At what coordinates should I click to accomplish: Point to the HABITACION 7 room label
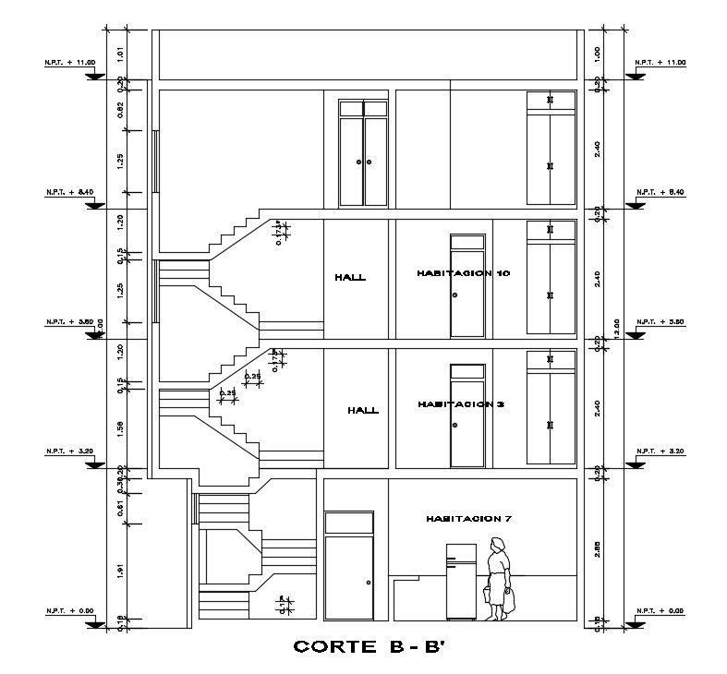click(468, 519)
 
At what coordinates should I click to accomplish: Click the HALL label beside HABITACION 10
click(350, 277)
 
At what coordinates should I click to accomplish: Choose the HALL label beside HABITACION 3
click(362, 410)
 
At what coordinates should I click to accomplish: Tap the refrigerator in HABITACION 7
click(461, 582)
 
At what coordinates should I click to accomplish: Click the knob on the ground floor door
click(368, 583)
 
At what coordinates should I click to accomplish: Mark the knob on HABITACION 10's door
click(454, 295)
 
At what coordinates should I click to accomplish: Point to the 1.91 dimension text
click(120, 571)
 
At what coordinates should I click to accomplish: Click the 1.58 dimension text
click(120, 427)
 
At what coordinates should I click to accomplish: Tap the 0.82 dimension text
click(120, 109)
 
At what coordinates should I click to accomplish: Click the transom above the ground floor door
click(348, 523)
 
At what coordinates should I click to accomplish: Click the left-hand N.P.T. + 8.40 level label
click(69, 192)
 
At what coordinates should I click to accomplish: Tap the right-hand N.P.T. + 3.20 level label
click(660, 451)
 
